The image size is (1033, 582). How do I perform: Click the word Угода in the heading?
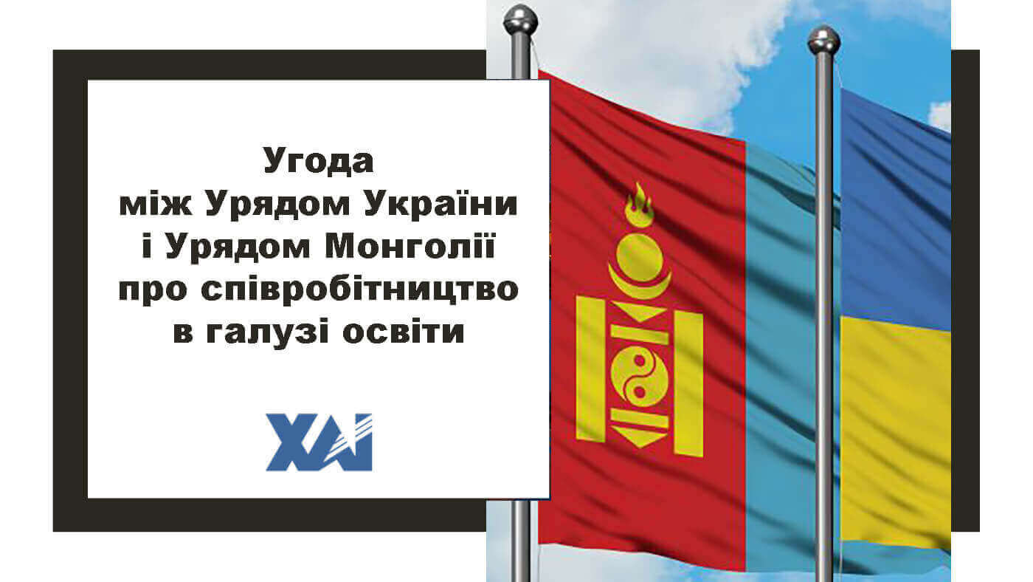(x=318, y=161)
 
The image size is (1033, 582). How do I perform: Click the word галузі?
(x=267, y=331)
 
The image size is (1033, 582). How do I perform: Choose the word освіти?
(x=403, y=331)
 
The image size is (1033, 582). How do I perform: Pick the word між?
(x=155, y=204)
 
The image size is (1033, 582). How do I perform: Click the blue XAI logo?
(x=319, y=442)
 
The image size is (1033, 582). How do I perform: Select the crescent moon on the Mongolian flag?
(x=639, y=282)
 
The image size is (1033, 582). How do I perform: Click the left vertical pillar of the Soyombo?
(x=590, y=369)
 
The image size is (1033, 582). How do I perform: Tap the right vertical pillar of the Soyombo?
(x=688, y=383)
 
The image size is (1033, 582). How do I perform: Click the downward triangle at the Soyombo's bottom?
(x=639, y=437)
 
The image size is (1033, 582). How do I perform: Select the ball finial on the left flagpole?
(x=520, y=20)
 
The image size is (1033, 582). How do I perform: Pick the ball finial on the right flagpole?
(x=823, y=40)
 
